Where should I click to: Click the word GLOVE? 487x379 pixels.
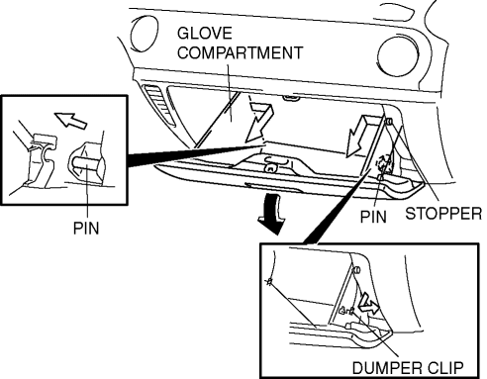(x=205, y=34)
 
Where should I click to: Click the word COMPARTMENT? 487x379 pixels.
(x=240, y=52)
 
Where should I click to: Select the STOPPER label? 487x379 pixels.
(x=443, y=214)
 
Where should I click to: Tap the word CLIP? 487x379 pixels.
(x=446, y=367)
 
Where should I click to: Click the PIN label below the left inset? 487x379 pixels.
(x=86, y=228)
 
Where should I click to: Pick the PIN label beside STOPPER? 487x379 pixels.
(x=373, y=217)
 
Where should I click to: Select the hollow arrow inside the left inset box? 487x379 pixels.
(x=70, y=120)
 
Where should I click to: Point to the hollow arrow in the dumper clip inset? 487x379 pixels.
(x=368, y=304)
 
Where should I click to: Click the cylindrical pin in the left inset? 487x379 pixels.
(x=86, y=163)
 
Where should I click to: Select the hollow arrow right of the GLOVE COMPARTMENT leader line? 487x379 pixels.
(x=259, y=122)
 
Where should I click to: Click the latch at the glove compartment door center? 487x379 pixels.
(x=270, y=166)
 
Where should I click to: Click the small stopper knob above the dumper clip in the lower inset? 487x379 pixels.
(x=355, y=270)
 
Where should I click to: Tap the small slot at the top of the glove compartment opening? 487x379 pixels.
(x=291, y=98)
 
